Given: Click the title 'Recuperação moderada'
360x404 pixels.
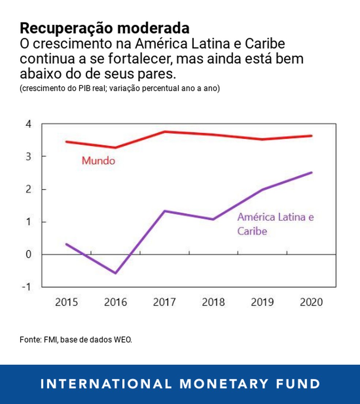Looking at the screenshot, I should point(105,28).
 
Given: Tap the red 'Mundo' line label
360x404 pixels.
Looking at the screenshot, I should point(98,161).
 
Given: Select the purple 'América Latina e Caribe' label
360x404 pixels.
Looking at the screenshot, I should point(275,224).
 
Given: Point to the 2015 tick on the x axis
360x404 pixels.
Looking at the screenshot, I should point(67,302).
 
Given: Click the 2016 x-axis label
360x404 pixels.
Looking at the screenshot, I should point(116,302).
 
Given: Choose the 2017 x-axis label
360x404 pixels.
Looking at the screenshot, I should point(164,302).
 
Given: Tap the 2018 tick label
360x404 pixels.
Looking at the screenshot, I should point(213,302).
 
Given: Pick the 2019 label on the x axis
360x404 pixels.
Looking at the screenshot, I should point(262,302).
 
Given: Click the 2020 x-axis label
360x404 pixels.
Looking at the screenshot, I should point(311,302).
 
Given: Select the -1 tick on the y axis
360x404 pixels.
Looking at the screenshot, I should point(27,287).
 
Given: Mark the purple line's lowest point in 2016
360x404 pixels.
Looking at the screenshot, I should point(116,273).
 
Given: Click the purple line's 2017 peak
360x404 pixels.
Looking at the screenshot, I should point(165,211).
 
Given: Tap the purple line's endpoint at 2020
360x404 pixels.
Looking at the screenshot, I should point(311,172).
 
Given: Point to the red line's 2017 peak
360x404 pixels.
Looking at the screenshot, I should point(165,131).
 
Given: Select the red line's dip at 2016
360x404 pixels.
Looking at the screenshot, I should point(116,148).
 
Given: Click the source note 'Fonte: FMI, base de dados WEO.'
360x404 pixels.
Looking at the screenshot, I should point(76,340).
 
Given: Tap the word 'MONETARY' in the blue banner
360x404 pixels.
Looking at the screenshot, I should point(224,384).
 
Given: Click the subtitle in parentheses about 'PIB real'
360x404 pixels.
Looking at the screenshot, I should point(120,89).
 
